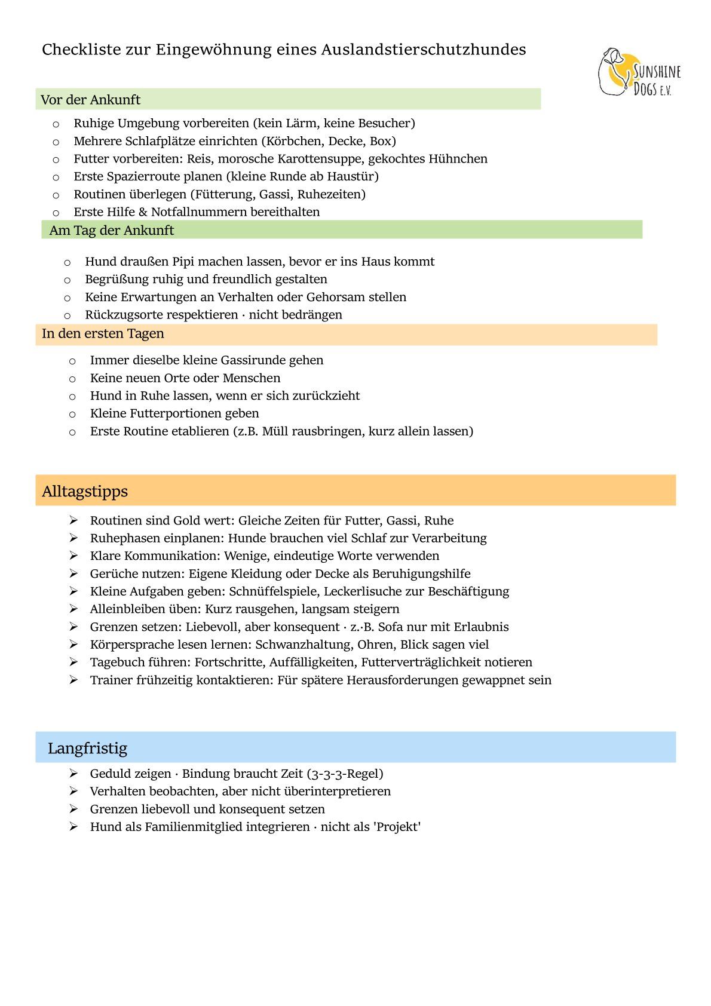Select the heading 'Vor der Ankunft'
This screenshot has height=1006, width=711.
click(91, 100)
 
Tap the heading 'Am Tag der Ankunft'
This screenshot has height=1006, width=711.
click(112, 230)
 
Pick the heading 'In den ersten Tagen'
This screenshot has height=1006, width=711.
click(103, 333)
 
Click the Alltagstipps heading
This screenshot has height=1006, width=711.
click(85, 491)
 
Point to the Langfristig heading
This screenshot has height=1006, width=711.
click(87, 748)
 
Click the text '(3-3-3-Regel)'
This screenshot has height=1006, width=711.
click(345, 774)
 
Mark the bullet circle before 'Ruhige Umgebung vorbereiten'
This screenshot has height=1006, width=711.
click(56, 124)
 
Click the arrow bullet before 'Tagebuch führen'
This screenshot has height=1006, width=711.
click(73, 662)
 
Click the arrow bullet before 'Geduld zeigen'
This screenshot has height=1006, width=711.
click(73, 774)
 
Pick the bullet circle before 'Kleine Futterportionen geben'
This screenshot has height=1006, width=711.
click(72, 414)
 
